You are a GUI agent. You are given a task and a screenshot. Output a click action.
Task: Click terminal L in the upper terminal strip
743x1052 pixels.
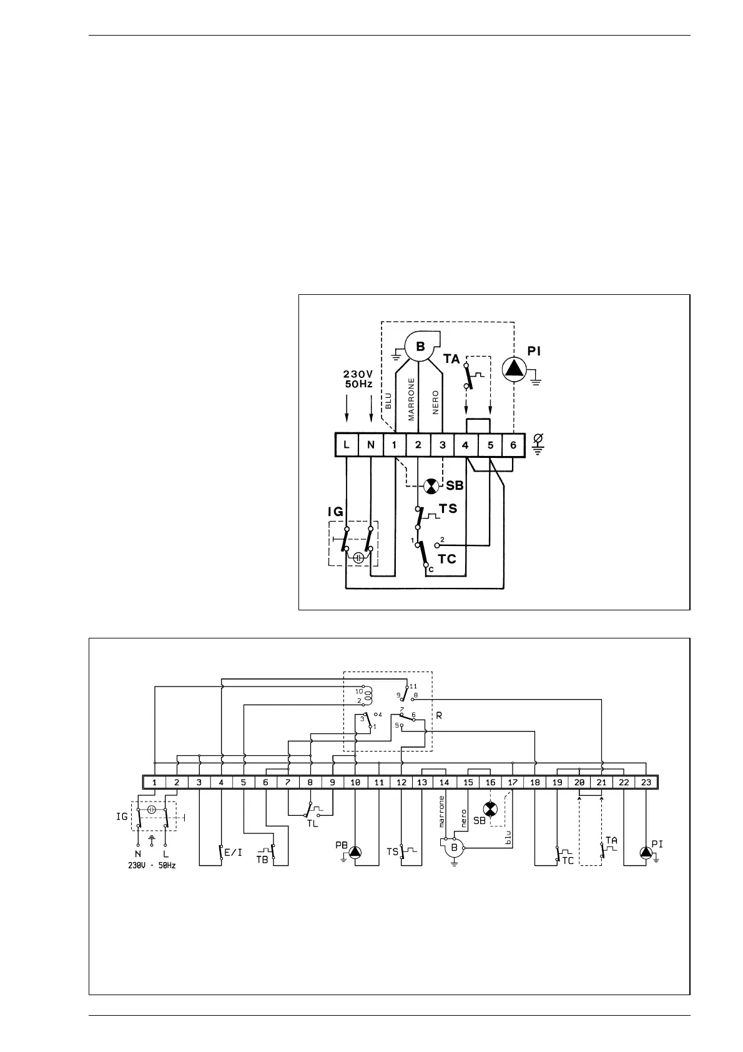click(x=347, y=445)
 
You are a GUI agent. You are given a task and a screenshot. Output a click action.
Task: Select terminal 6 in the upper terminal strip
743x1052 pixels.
click(x=513, y=445)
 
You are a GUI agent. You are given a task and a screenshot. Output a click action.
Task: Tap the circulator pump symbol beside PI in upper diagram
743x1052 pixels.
click(x=514, y=368)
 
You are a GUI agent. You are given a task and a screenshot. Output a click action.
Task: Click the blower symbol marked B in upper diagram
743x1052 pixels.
click(x=420, y=347)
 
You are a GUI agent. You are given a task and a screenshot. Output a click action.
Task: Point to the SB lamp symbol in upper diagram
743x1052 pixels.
click(x=431, y=486)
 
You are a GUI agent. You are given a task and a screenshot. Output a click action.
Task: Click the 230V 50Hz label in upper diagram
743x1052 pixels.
click(x=358, y=379)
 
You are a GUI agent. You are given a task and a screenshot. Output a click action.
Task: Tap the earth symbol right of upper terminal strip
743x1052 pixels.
click(x=537, y=445)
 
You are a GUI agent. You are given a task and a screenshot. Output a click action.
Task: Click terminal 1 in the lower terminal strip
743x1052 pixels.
click(x=154, y=782)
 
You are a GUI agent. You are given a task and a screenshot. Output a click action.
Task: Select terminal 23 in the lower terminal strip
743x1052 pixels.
click(x=646, y=782)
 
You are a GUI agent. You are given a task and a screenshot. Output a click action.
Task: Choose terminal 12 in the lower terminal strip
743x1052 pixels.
click(x=401, y=782)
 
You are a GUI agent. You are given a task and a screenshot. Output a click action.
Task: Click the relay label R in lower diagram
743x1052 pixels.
click(x=439, y=715)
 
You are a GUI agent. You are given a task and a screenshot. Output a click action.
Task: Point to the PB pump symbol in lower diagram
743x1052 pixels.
click(x=355, y=851)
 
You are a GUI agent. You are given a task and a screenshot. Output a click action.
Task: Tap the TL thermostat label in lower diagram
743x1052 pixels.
click(x=312, y=823)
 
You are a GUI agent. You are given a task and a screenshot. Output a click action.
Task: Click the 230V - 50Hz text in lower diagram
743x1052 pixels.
click(x=152, y=866)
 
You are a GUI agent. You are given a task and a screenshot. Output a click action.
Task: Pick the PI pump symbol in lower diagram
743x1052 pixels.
click(x=645, y=852)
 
